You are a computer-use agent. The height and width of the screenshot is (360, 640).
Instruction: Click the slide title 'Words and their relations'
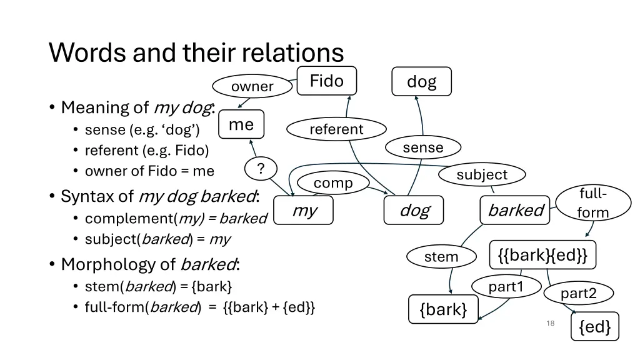click(x=196, y=52)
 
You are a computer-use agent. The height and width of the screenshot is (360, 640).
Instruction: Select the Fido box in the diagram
click(x=327, y=81)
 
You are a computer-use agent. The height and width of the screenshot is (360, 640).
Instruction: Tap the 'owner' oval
click(x=252, y=87)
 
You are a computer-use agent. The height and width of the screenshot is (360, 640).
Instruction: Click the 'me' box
click(x=241, y=124)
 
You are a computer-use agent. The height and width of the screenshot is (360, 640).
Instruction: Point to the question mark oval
click(x=261, y=168)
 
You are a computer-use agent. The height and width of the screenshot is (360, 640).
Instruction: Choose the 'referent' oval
click(x=336, y=129)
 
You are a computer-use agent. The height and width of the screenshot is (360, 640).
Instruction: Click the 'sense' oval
click(x=423, y=147)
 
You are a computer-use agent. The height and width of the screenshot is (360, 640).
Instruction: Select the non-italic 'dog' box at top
click(x=421, y=81)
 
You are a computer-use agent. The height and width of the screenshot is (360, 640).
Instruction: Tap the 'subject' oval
click(x=482, y=174)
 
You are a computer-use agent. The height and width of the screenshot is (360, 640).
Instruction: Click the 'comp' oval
click(x=333, y=183)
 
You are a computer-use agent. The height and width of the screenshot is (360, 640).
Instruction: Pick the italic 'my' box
click(x=304, y=210)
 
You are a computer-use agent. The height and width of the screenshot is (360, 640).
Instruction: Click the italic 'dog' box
click(x=414, y=210)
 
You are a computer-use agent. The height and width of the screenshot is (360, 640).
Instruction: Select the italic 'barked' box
click(x=515, y=210)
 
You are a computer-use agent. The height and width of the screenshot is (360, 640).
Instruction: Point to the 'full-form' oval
click(x=592, y=202)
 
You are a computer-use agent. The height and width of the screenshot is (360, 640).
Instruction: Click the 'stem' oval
click(x=441, y=256)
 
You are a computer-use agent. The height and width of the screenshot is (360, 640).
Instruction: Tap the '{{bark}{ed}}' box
click(x=542, y=255)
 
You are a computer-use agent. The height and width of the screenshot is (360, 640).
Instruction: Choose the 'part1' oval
click(x=506, y=286)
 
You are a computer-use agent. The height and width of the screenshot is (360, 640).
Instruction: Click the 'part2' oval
click(x=578, y=293)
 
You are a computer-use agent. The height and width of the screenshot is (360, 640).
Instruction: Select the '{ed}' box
click(x=594, y=326)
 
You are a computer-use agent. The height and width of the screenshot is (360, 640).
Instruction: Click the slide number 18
click(x=550, y=323)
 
